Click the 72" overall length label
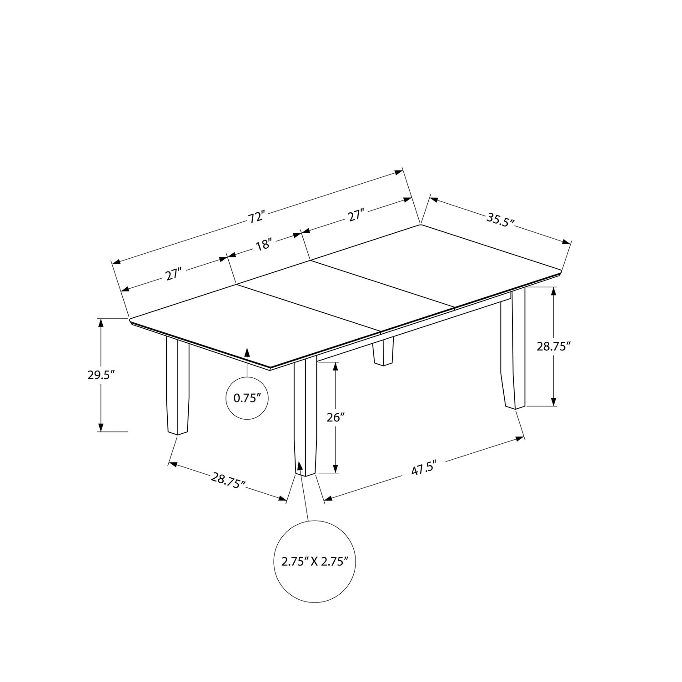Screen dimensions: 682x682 coord(256,217)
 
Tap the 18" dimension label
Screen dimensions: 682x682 coord(264,246)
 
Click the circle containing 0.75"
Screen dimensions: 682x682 coord(247,398)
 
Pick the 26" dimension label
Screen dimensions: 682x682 coord(336,417)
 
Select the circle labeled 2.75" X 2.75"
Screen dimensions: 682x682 coord(315,561)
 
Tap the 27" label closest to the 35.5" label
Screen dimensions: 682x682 coord(356,215)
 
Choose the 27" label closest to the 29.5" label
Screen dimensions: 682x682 coord(173,275)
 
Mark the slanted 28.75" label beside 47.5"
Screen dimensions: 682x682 coord(228,480)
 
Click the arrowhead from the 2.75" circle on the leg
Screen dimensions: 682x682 coord(300,466)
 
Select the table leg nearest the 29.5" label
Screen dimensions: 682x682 coord(177,386)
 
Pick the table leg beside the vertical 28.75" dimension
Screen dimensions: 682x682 coord(514,350)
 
